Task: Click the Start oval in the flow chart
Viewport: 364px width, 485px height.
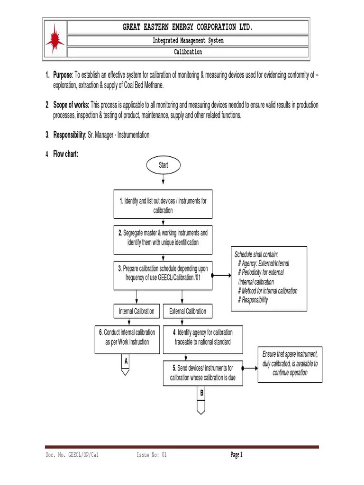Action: [163, 165]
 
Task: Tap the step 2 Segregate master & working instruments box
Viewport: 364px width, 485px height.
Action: [163, 238]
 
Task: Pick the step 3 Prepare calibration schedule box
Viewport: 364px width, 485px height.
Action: [163, 274]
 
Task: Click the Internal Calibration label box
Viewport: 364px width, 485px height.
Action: [136, 311]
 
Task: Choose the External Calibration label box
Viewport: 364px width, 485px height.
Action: [188, 311]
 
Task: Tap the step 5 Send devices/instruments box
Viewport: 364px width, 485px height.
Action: [202, 373]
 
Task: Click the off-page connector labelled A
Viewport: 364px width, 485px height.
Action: [126, 364]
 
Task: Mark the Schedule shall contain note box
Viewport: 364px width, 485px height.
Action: [269, 278]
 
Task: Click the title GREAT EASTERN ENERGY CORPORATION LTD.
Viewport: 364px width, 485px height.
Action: [188, 27]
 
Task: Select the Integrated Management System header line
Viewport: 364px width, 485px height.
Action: [188, 41]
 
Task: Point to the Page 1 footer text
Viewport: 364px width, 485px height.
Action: [237, 455]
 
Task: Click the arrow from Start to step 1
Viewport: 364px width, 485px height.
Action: [163, 180]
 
